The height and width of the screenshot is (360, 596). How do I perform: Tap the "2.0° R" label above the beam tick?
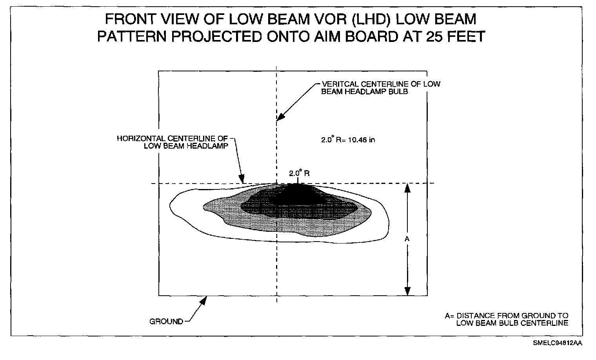pyautogui.click(x=299, y=173)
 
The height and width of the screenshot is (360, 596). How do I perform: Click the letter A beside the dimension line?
pyautogui.click(x=407, y=238)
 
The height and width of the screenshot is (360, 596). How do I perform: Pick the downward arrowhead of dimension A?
pyautogui.click(x=407, y=291)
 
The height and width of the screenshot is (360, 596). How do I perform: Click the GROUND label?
pyautogui.click(x=166, y=322)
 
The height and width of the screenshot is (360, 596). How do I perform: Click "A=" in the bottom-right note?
pyautogui.click(x=449, y=316)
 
